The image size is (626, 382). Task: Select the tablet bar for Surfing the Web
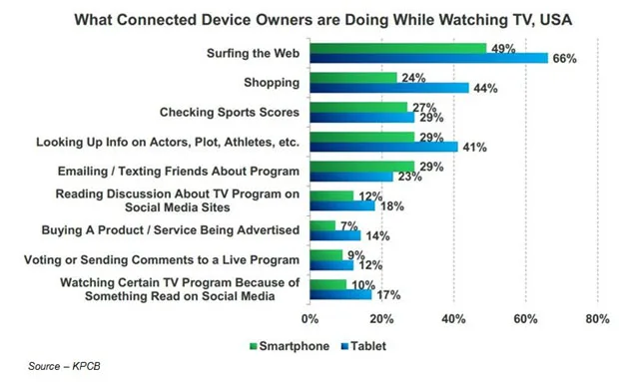point(428,59)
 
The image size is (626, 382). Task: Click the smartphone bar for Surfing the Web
point(397,47)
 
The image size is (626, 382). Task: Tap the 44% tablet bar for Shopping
point(388,88)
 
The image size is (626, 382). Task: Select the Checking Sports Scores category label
point(229,112)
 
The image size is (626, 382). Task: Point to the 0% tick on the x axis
point(310,319)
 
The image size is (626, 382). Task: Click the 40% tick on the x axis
point(453,319)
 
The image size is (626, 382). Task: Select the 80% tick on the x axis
point(597,319)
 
